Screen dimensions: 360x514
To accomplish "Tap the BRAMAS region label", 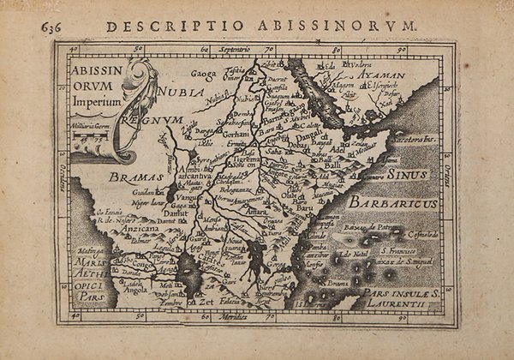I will point(129,177).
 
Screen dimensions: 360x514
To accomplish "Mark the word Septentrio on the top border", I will point(238,51).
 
